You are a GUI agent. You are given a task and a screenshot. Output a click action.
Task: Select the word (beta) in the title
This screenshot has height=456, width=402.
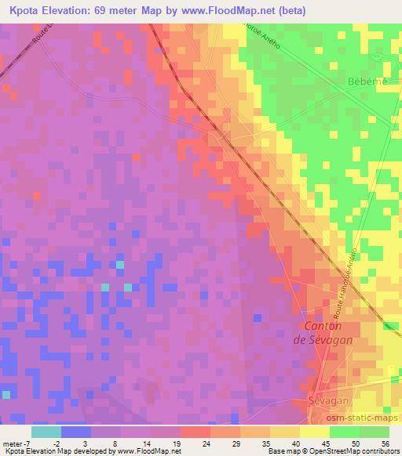click(x=288, y=11)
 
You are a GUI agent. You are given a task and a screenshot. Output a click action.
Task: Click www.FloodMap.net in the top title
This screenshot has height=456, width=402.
click(x=224, y=11)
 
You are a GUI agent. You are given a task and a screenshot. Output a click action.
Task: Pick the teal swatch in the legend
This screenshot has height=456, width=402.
click(x=46, y=432)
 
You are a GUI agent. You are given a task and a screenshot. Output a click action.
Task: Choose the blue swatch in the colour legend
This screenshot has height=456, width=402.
click(x=75, y=432)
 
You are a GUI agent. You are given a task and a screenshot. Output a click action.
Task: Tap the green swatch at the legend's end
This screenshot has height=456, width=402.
click(x=375, y=432)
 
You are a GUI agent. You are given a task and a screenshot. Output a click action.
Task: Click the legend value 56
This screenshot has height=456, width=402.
click(x=386, y=443)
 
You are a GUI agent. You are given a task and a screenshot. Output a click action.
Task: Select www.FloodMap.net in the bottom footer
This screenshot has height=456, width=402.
click(x=144, y=451)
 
